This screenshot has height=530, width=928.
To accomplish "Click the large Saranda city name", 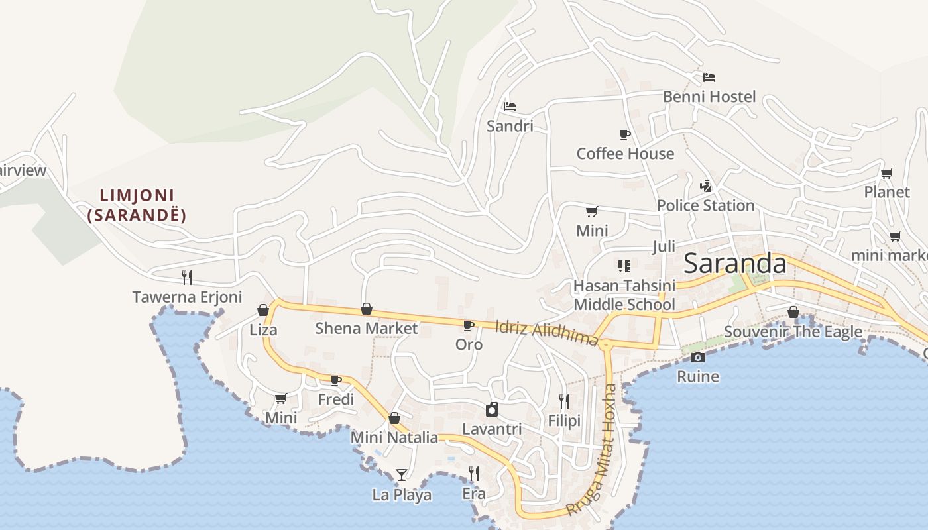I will pos(735,264).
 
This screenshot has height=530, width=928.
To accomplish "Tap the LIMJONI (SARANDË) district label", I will pos(137,205).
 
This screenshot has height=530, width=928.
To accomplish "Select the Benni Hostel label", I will pos(709,97).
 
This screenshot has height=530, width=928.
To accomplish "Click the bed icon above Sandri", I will pos(509,106).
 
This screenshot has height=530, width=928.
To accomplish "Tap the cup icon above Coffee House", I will pos(624,134).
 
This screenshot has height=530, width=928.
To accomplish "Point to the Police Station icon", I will pos(705,185).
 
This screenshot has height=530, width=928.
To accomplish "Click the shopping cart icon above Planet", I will pos(886,173).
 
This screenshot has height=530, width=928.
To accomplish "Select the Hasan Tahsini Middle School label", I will pos(624,295).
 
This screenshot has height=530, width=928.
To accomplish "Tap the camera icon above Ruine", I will pos(697,357).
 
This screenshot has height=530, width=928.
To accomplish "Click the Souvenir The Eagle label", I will pos(793,331).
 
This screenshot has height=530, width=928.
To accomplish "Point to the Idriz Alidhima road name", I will pos(547,331).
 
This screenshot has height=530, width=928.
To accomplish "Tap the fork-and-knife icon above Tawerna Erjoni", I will pos(187,277).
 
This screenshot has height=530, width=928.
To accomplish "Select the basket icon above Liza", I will pos(263,310).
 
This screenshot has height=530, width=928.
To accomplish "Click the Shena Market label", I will pos(366,328).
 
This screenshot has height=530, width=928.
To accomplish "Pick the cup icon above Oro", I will pos(469,325).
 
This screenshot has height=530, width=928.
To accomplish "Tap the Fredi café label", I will pos(335,399).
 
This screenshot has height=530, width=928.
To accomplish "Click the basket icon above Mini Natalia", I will pos(394,418).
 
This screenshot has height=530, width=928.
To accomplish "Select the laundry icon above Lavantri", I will pos(492,409).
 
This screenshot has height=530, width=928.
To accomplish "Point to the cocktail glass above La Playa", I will pos(402,474).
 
